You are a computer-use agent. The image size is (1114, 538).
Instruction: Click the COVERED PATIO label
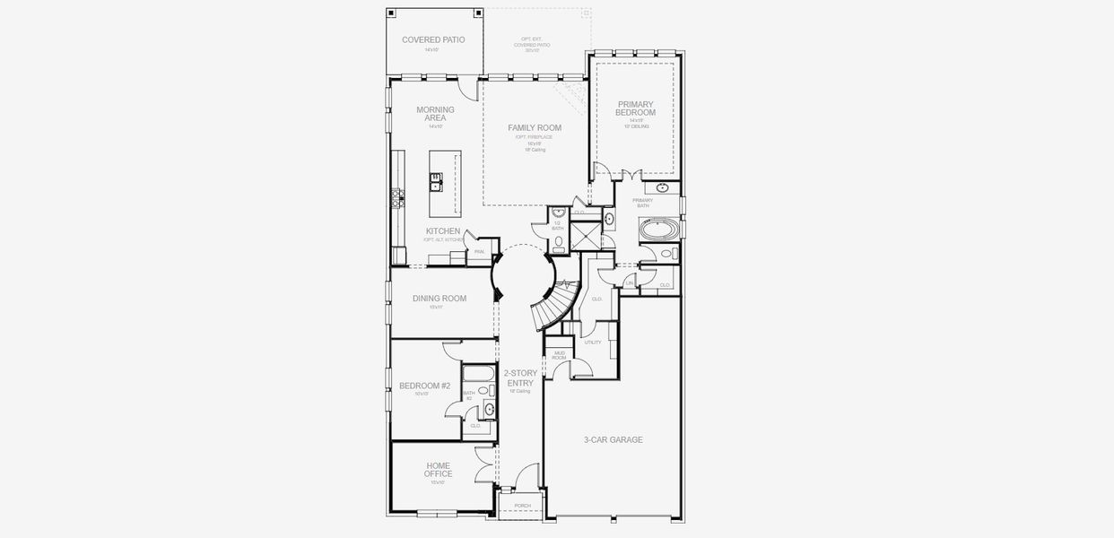[433, 39]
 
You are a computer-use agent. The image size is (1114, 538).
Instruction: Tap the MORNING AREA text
[435, 114]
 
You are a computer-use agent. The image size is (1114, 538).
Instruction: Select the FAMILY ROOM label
[535, 128]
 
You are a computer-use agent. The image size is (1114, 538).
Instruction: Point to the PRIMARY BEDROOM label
[635, 108]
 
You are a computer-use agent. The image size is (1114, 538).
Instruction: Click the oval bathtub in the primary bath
[659, 230]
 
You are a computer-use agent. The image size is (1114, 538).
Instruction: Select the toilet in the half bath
[558, 241]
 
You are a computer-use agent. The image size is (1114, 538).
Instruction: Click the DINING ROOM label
[440, 299]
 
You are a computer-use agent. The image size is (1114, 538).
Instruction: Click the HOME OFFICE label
[439, 470]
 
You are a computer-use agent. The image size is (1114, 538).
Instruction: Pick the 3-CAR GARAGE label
[613, 439]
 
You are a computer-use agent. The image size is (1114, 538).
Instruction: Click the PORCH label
[522, 506]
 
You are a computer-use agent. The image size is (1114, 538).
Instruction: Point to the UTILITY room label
[592, 342]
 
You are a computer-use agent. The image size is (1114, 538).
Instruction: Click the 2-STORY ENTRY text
[519, 377]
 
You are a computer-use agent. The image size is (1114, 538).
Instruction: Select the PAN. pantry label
[479, 252]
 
